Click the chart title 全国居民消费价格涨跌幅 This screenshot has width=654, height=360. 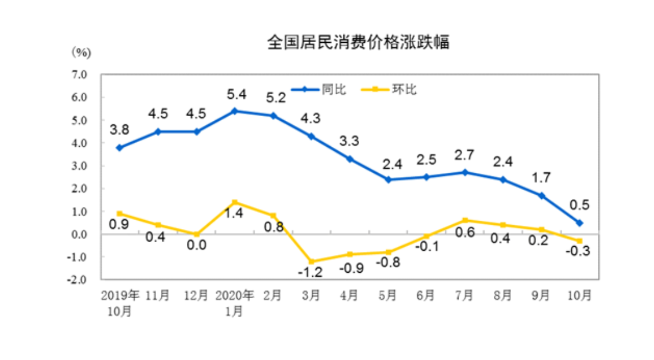point(358,43)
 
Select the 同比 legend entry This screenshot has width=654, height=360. point(335,90)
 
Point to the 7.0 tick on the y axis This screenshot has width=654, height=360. point(79,75)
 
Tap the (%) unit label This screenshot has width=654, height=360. point(81,53)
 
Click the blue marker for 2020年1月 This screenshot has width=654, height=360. point(234,110)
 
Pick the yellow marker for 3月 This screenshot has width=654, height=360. point(311,262)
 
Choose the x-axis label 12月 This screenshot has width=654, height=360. point(196,296)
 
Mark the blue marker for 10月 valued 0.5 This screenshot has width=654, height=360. point(579,222)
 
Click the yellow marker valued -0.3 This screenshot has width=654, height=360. point(579,241)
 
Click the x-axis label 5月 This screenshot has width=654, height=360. point(387,296)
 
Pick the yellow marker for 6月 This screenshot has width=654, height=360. point(426,236)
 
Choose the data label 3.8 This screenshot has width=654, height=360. point(119,129)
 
